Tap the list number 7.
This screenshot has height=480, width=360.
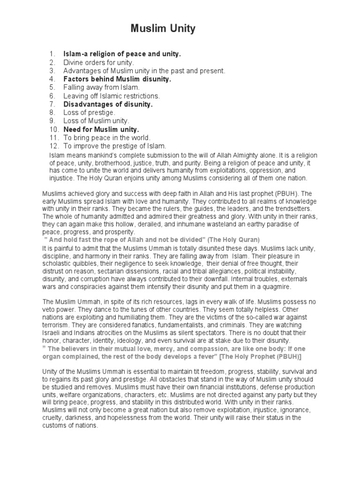[52, 104]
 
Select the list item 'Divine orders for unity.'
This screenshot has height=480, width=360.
[99, 62]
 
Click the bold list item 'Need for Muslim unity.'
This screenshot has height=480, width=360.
[101, 129]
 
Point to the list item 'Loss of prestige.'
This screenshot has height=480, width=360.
[90, 112]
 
